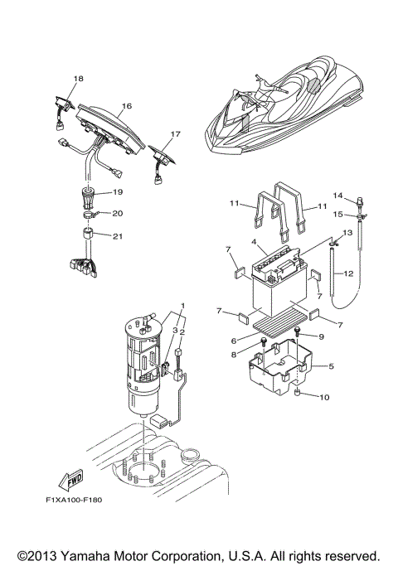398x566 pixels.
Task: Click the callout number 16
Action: coord(127,106)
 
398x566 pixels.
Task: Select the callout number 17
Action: coord(175,133)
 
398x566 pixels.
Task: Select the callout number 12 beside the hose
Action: coord(348,273)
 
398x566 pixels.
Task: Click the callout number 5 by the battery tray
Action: coord(332,365)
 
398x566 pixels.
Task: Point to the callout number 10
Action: coord(323,397)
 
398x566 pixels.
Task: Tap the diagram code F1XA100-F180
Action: coord(74,500)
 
